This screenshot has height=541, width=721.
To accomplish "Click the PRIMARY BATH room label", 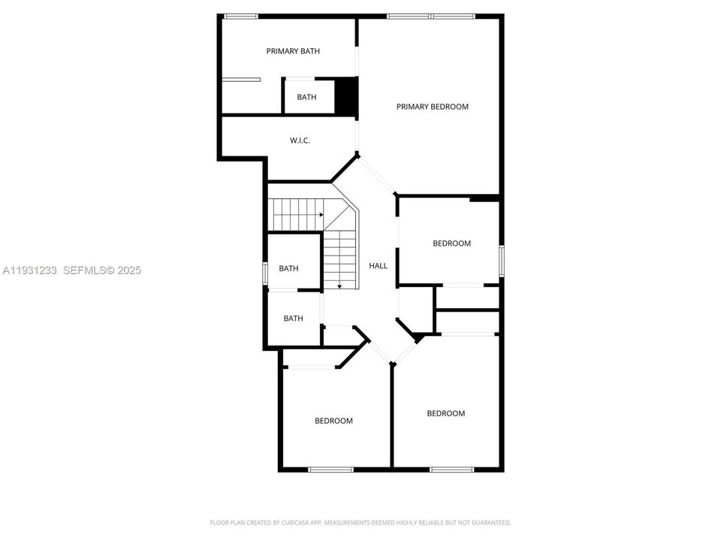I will tap(293, 51).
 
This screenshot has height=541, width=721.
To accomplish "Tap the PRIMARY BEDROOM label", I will tap(432, 107).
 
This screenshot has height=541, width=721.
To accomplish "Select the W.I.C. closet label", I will tap(300, 141).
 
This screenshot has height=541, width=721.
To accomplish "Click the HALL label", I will tap(378, 265).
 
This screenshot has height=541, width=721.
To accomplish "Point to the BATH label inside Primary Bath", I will tap(306, 97).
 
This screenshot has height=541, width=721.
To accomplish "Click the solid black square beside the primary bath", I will tap(345, 96).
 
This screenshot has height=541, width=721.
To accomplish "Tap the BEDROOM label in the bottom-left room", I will tap(333, 421).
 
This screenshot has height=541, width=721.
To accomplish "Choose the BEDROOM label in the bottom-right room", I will tap(446, 413).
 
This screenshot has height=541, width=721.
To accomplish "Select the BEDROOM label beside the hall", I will tap(451, 243).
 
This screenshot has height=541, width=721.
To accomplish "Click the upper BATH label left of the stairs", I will tap(288, 268).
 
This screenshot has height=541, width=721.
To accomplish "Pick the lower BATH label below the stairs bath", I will tap(293, 319).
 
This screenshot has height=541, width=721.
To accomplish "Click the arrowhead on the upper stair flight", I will tap(321, 214).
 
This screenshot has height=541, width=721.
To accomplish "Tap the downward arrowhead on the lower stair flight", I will tap(339, 286).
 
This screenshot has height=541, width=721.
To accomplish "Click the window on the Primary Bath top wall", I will tap(241, 16).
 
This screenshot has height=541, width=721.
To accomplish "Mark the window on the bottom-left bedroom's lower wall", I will tap(330, 470).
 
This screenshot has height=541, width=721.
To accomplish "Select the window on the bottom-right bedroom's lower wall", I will tap(451, 470).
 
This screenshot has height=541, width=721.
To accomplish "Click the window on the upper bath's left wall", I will tap(264, 273).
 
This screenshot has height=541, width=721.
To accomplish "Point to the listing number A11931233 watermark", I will tap(31, 270).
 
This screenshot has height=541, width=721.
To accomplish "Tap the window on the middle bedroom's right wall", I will tap(502, 261).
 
